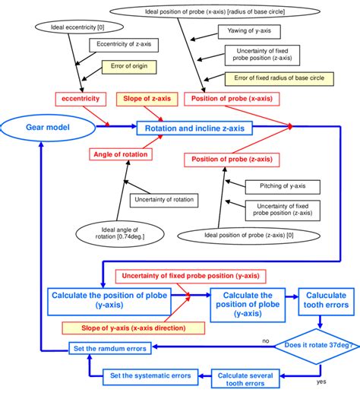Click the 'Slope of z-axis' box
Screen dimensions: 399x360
click(147, 98)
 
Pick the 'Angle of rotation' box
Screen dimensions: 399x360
click(118, 154)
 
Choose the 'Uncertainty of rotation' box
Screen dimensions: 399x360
click(163, 200)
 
